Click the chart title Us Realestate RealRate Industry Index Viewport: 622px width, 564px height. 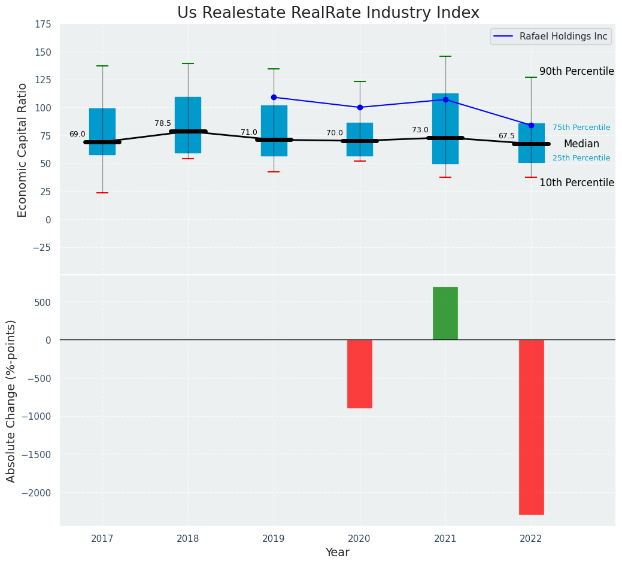[328, 13]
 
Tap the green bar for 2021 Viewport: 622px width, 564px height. [445, 313]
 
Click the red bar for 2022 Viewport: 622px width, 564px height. [531, 426]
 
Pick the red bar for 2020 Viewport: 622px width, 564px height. [360, 374]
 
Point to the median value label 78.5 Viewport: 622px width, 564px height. [163, 123]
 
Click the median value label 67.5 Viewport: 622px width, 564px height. [506, 136]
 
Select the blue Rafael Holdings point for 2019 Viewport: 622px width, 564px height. [274, 97]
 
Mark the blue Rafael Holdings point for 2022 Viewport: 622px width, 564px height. [531, 125]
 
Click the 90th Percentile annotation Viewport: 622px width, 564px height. [577, 71]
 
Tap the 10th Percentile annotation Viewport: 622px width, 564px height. [577, 183]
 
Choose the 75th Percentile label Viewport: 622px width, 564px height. [581, 128]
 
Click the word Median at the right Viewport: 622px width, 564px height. [581, 144]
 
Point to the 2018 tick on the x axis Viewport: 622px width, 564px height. [188, 539]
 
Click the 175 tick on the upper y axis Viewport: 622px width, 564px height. [42, 25]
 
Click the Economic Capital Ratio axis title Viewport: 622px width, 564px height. [23, 150]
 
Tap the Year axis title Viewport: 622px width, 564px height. [338, 553]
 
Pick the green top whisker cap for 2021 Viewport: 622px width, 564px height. [445, 56]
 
